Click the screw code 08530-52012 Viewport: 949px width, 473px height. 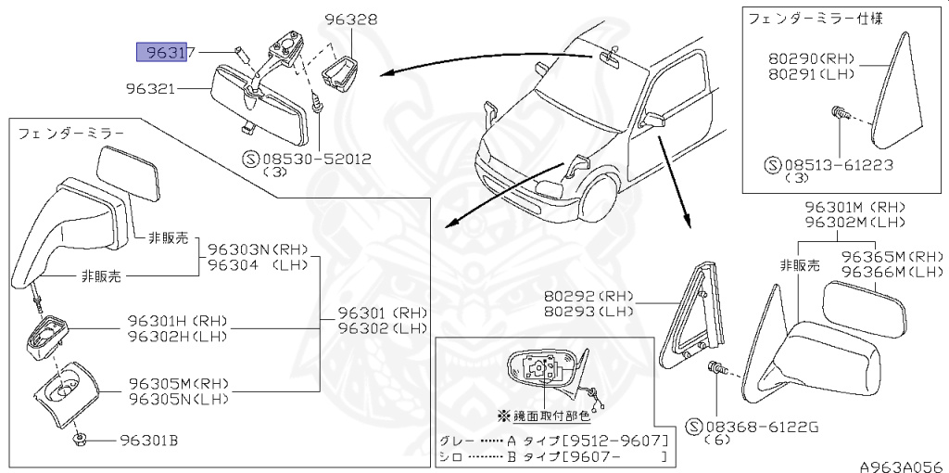(x=318, y=159)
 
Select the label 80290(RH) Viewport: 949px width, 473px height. (x=812, y=58)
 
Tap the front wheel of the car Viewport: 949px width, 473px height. (x=598, y=198)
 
